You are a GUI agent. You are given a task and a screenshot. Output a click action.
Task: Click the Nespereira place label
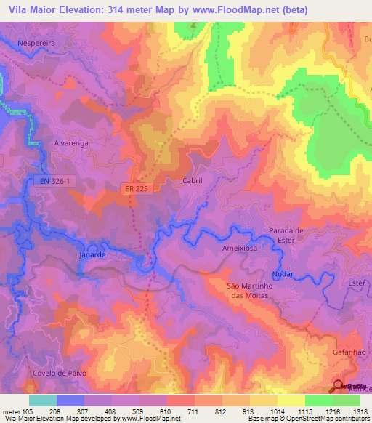click(37, 43)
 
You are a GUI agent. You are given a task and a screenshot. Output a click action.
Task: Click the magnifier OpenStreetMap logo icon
click(339, 388)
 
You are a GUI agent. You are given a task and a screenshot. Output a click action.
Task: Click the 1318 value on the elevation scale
click(359, 412)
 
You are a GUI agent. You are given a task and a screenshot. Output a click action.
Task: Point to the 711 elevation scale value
click(193, 412)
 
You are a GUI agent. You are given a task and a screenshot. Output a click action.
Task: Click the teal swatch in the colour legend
click(43, 400)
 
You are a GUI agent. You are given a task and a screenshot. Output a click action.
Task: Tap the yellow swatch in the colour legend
click(291, 400)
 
